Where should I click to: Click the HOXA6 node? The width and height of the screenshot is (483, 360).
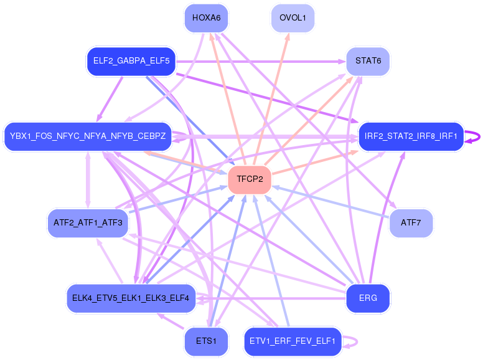click(x=207, y=17)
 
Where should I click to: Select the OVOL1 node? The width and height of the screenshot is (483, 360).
click(x=293, y=17)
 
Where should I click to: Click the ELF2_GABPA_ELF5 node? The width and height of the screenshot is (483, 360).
click(x=131, y=61)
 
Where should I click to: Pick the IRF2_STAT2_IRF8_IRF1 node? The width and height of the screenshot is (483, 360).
click(x=411, y=136)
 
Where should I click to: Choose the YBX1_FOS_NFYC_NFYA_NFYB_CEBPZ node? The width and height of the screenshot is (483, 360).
click(x=87, y=136)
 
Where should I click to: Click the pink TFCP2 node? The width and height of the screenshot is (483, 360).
click(x=250, y=179)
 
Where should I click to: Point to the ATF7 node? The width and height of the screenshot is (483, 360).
click(x=411, y=222)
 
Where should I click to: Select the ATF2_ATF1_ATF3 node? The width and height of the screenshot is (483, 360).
click(x=87, y=222)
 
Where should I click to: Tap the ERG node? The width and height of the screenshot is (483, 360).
click(x=368, y=298)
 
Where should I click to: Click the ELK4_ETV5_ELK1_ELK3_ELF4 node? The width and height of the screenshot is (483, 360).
click(x=131, y=298)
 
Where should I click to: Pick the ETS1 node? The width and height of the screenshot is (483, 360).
click(x=206, y=341)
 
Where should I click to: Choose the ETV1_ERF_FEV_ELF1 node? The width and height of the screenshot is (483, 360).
click(x=293, y=341)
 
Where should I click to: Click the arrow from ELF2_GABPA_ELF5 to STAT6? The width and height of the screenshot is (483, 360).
click(x=261, y=61)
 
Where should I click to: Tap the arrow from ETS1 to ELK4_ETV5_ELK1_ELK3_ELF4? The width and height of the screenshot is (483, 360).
click(x=171, y=321)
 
